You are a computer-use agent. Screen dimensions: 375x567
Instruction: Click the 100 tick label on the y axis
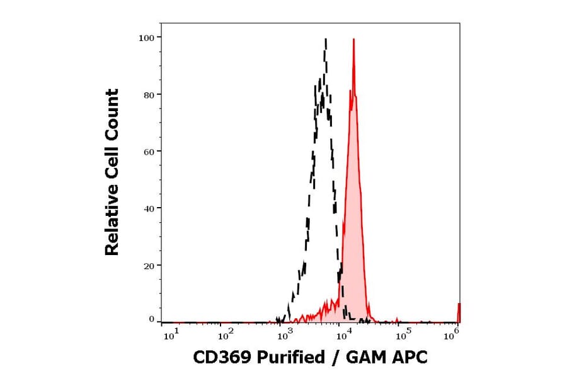(x=147, y=37)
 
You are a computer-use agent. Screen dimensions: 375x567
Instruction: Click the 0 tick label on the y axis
(x=152, y=319)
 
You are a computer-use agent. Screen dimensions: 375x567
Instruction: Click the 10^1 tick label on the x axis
(x=171, y=335)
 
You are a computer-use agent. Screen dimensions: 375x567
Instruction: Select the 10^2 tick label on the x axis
(x=227, y=335)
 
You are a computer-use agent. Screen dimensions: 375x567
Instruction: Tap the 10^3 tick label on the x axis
(x=285, y=335)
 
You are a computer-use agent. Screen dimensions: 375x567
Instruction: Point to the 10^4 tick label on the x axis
(x=341, y=335)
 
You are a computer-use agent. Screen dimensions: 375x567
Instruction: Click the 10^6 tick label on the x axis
(x=451, y=335)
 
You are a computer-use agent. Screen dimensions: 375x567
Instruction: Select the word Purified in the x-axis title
(x=289, y=357)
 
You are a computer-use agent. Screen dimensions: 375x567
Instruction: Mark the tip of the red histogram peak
(x=353, y=39)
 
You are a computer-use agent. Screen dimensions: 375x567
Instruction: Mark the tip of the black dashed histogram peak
(x=326, y=39)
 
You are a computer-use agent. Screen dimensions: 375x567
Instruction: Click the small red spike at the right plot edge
(x=459, y=312)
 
